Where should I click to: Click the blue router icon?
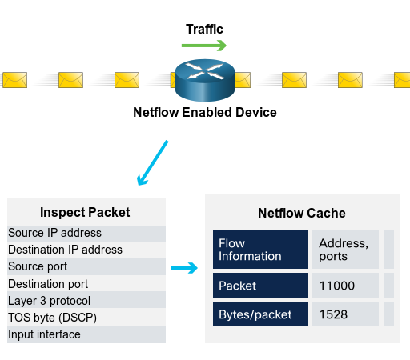tap(205, 80)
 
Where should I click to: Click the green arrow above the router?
tap(204, 45)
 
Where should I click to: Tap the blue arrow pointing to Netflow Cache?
tap(184, 268)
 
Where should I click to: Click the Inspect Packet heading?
tap(85, 213)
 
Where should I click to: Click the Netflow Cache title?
tap(302, 214)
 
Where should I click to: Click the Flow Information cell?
tap(260, 250)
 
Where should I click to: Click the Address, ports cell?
tap(346, 250)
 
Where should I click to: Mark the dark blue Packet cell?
tap(260, 285)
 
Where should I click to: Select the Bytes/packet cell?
tap(260, 314)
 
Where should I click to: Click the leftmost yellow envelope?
tap(15, 80)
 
